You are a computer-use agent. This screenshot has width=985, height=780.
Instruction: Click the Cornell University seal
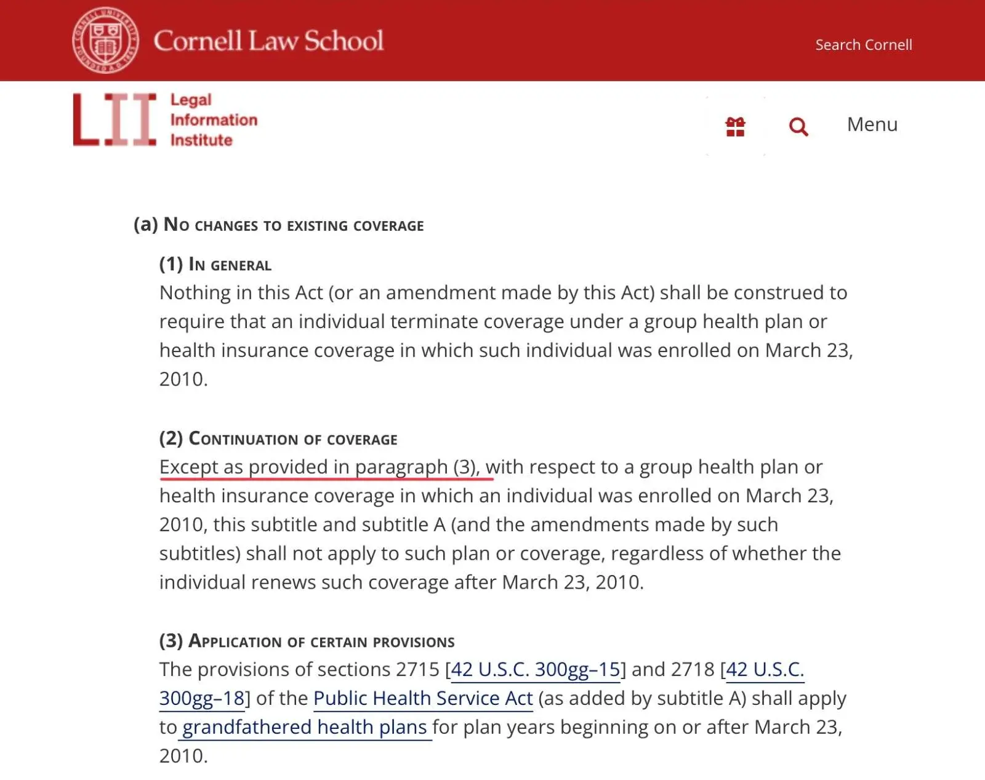click(105, 41)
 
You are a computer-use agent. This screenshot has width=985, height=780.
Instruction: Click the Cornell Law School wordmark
click(268, 41)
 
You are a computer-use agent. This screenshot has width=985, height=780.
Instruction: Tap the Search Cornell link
click(863, 45)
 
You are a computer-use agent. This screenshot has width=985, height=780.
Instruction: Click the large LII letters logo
click(115, 120)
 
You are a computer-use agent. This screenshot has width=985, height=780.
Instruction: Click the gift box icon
click(735, 127)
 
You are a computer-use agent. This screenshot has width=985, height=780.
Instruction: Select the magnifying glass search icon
click(798, 127)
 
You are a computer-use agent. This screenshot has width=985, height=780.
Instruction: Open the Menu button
click(872, 124)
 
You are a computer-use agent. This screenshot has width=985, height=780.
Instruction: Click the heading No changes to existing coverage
click(278, 225)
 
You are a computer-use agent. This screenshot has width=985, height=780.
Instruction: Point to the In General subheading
click(215, 265)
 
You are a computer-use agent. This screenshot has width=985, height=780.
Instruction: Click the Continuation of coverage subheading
click(278, 439)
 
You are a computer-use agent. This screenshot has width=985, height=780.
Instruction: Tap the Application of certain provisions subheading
click(307, 641)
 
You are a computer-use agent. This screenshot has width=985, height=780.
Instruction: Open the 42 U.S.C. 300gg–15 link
click(535, 669)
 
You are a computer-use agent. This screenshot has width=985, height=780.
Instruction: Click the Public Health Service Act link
click(422, 698)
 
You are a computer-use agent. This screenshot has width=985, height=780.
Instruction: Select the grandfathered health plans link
click(305, 727)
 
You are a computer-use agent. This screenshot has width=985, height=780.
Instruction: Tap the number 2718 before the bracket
click(692, 669)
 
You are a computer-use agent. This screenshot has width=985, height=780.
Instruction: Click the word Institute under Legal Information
click(201, 140)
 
